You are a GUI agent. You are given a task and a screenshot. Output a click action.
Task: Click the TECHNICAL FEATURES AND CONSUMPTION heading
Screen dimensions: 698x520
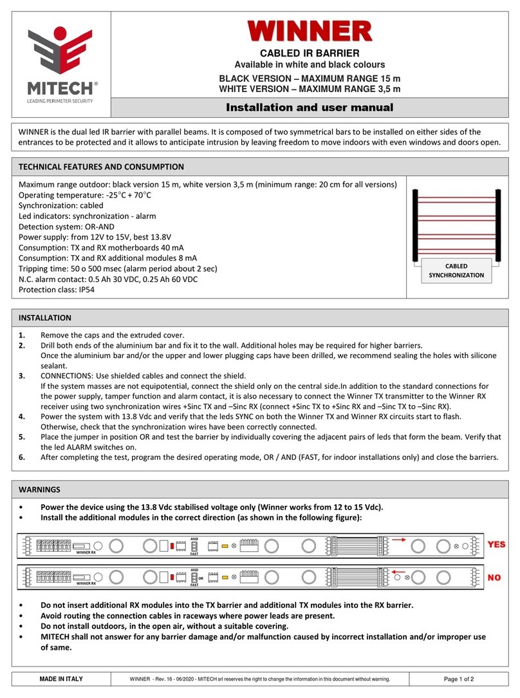pos(101,166)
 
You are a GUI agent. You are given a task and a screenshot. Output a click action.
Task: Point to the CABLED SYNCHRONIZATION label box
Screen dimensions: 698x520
pos(456,270)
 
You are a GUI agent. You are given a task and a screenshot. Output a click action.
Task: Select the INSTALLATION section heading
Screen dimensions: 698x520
pos(45,317)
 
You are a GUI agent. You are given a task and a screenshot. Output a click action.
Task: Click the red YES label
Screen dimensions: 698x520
pos(496,544)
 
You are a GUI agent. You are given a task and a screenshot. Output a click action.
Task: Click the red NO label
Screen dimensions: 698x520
pos(494,578)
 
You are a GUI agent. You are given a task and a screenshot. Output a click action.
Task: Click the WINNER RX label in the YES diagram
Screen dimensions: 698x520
pos(85,552)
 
